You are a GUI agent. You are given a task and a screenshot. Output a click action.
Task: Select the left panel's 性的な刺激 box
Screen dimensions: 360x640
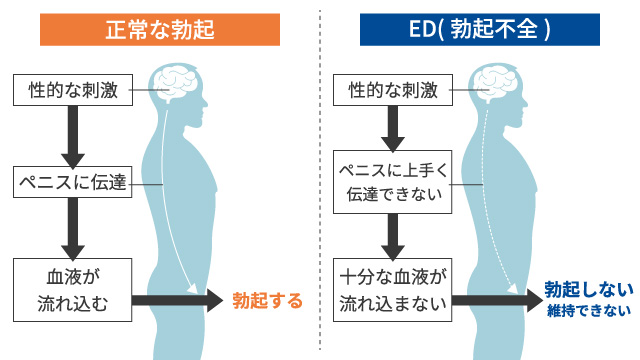(73, 91)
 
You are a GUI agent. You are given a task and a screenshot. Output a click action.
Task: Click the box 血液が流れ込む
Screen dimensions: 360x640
(73, 289)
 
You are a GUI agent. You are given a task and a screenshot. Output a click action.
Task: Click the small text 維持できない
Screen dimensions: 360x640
(589, 311)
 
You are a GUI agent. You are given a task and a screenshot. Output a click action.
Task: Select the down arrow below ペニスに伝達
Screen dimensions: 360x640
(72, 227)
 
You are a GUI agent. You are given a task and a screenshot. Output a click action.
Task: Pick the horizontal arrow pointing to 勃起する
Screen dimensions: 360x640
(178, 299)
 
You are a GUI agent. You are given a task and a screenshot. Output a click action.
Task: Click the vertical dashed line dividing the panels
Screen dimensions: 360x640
(320, 180)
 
